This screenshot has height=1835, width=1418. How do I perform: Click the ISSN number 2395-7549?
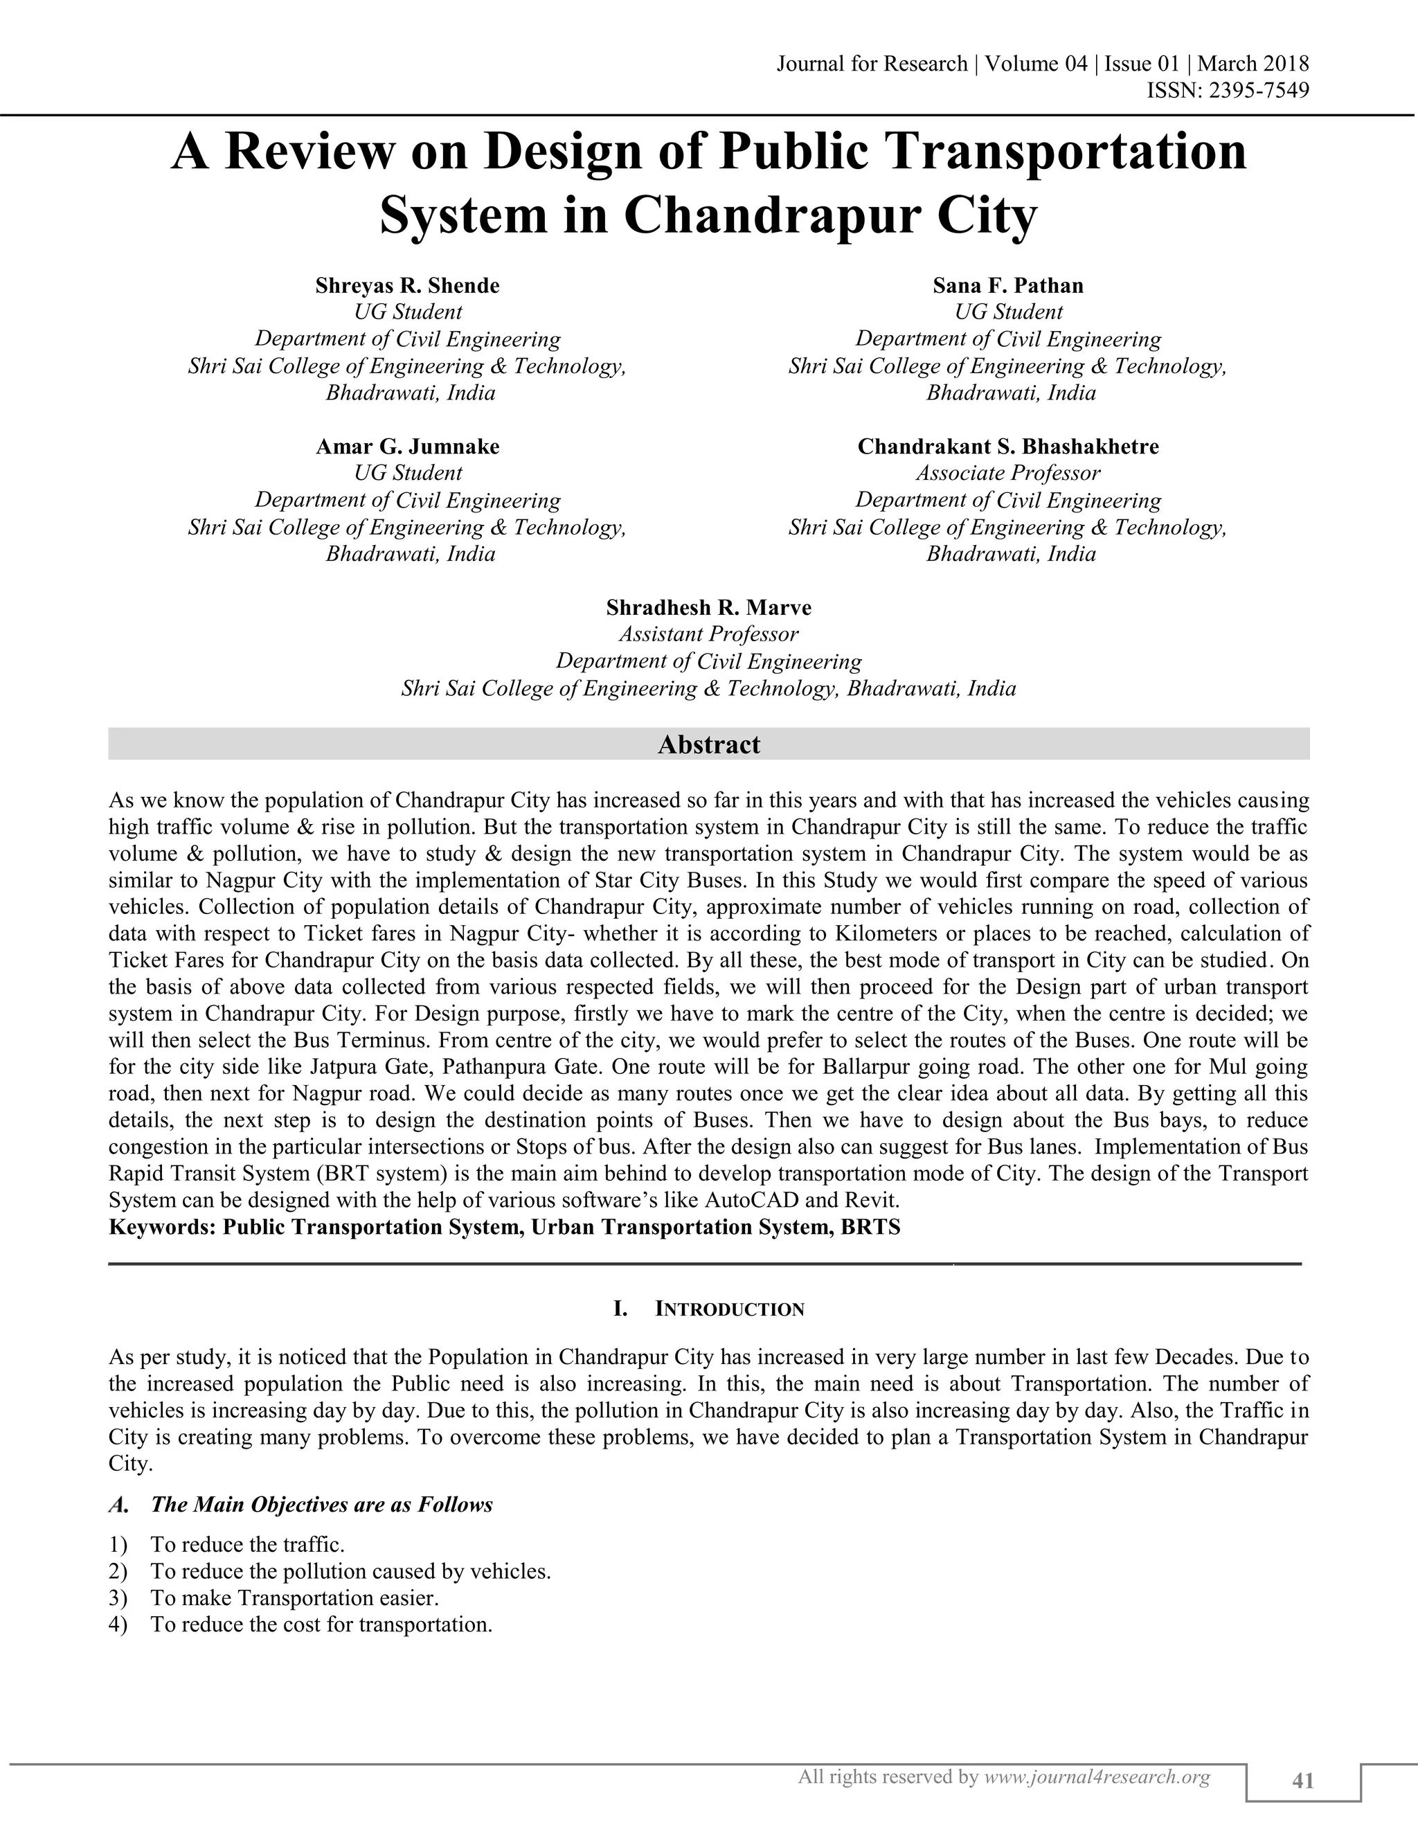1257,90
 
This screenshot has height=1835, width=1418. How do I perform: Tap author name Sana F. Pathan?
1008,286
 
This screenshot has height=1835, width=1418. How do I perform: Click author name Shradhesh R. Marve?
709,607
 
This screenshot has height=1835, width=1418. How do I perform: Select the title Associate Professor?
1008,473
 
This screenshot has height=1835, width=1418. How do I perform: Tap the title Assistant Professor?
709,634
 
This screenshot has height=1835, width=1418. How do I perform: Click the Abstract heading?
709,744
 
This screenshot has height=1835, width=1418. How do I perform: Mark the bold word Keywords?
162,1228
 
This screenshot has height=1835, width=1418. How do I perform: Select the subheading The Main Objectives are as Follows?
322,1505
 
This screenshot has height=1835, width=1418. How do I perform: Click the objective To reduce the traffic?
248,1545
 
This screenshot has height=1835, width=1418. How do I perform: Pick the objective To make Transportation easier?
295,1598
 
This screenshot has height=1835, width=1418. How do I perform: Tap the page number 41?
1303,1780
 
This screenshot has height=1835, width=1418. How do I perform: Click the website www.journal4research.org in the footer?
1096,1777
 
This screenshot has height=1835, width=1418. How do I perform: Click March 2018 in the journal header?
1253,64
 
